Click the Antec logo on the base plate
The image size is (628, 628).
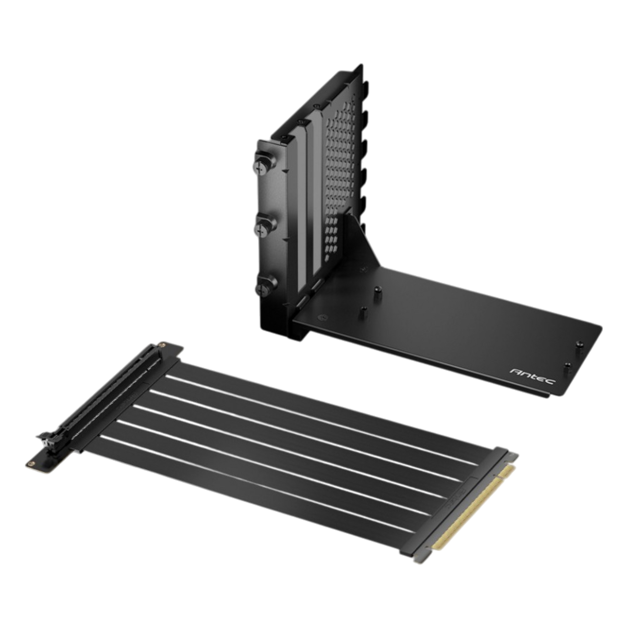point(532,376)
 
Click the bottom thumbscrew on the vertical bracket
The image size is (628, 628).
point(266,286)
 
